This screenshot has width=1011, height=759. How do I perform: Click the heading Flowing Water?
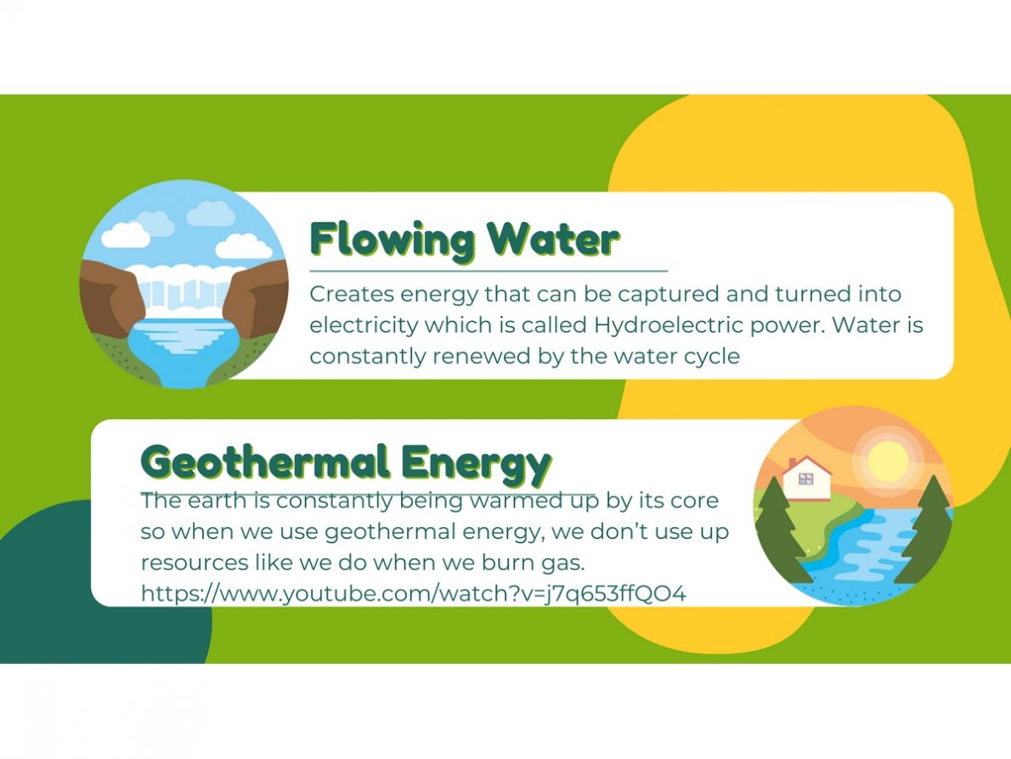(x=464, y=241)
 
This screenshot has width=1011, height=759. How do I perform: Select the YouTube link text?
(x=413, y=593)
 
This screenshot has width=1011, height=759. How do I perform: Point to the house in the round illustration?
(x=806, y=479)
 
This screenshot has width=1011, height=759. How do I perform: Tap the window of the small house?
(x=805, y=479)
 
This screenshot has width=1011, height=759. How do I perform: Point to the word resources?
(x=194, y=563)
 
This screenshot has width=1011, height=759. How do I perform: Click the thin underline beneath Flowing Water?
(x=489, y=271)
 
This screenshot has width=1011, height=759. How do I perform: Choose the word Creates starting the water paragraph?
(x=352, y=295)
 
